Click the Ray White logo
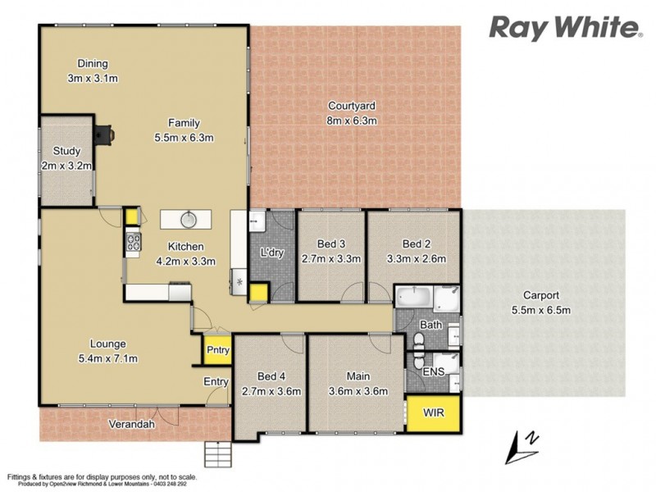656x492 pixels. click(565, 27)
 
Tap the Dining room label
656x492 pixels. click(93, 64)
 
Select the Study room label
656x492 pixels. click(66, 151)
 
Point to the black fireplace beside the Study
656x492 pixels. click(104, 134)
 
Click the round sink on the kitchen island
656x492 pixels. click(188, 219)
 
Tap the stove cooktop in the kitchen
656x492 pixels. click(132, 242)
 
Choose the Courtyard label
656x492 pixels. click(351, 106)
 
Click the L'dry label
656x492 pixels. click(271, 253)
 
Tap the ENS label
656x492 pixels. click(431, 371)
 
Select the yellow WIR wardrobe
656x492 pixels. click(434, 411)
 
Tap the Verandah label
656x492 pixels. click(134, 424)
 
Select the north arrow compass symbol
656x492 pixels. click(522, 444)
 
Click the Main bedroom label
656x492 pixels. click(357, 376)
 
